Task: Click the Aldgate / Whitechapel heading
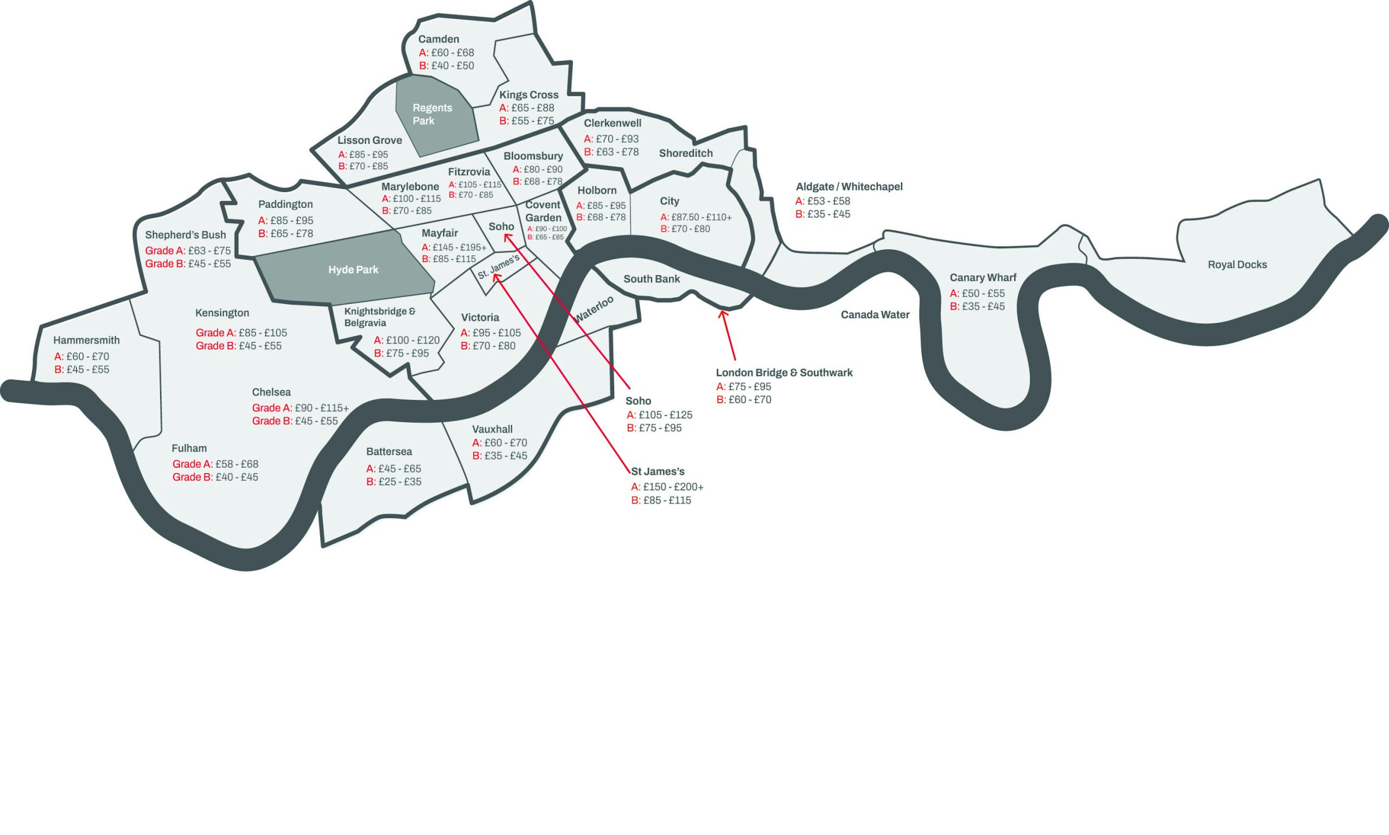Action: click(848, 187)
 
